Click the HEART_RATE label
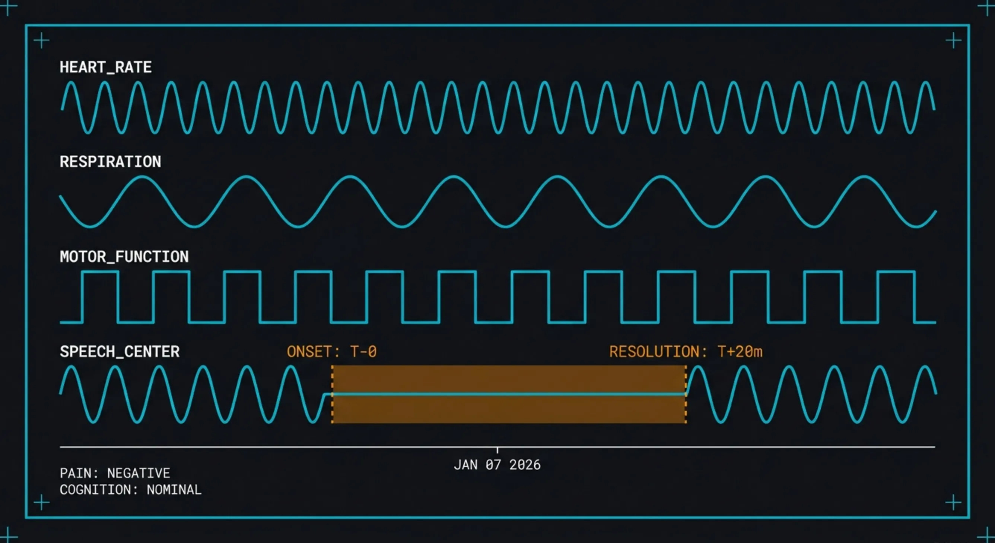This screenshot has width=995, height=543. [x=105, y=67]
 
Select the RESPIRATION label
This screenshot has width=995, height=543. [x=110, y=161]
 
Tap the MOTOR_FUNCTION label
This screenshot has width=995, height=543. [x=124, y=257]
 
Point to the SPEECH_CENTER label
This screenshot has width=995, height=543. [x=120, y=352]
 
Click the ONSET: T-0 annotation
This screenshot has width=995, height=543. [x=331, y=352]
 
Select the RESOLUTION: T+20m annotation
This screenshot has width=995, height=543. [x=686, y=352]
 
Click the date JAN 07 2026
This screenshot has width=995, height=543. [x=497, y=464]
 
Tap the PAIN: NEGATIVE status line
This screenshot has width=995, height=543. [x=115, y=473]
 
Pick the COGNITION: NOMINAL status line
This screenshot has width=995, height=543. [x=130, y=490]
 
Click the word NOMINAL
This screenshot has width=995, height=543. [x=174, y=490]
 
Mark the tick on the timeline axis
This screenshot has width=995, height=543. [x=497, y=450]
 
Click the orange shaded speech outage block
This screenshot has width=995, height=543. [x=509, y=379]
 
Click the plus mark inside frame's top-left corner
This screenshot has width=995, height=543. [x=41, y=41]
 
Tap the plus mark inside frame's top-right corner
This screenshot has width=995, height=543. [x=953, y=41]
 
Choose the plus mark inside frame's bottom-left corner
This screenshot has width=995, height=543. [x=41, y=502]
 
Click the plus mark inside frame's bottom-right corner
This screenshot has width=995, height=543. [x=953, y=502]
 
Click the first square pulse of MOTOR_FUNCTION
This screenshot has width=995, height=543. [x=100, y=272]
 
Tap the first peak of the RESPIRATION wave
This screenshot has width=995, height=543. [x=142, y=177]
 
